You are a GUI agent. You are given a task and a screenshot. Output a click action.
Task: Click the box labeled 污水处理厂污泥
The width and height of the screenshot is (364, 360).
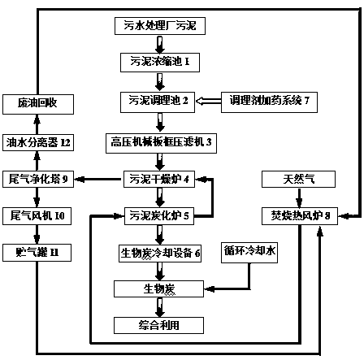tap(160, 26)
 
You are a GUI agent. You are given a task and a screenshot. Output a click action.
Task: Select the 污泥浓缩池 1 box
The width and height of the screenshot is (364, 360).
tap(160, 63)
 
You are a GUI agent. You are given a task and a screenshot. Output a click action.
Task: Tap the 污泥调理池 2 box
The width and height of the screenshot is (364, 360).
tap(158, 102)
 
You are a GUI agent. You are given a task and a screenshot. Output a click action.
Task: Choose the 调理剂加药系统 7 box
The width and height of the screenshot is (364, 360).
tap(269, 102)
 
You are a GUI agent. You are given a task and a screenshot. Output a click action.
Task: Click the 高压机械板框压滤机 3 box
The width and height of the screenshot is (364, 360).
tap(161, 143)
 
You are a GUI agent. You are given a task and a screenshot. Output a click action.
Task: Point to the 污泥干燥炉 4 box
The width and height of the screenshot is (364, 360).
tap(159, 179)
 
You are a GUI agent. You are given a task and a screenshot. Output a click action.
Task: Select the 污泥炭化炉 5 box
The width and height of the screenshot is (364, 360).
tap(159, 216)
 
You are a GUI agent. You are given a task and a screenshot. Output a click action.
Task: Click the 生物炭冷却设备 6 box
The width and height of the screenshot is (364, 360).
tap(160, 254)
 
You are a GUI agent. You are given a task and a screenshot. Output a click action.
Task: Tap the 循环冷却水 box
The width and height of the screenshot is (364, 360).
tap(249, 253)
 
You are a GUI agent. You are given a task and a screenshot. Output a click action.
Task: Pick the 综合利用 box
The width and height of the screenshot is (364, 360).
tap(158, 325)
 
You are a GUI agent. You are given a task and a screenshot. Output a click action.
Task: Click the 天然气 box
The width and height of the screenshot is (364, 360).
tap(298, 179)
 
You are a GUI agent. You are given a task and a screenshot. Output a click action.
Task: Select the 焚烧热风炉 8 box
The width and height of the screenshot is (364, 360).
tap(300, 216)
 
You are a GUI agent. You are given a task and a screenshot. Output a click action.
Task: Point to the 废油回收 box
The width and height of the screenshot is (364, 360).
tap(38, 104)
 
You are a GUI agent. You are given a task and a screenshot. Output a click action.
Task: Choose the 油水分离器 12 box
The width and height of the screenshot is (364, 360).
tap(38, 142)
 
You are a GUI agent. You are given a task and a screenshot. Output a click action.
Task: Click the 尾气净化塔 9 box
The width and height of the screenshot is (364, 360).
tap(38, 179)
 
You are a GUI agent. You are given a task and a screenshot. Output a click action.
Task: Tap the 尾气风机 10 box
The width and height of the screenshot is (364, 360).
tap(37, 216)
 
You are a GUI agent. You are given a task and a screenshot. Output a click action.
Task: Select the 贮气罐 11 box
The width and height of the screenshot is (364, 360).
tap(37, 253)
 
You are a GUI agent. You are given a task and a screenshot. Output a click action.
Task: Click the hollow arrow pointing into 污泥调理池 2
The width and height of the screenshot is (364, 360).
tap(208, 102)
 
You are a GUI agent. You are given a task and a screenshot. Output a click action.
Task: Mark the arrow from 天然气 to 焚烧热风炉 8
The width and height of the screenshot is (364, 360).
tap(299, 197)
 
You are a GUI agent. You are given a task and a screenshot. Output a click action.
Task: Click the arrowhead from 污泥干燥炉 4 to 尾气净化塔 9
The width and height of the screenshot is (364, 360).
tap(79, 179)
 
